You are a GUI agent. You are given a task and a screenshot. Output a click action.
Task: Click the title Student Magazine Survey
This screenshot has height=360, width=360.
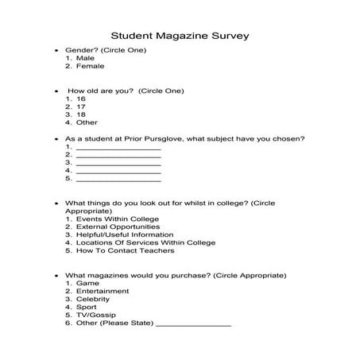[x=180, y=36]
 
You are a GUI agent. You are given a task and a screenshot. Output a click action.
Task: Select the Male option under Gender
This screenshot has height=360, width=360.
[x=85, y=58]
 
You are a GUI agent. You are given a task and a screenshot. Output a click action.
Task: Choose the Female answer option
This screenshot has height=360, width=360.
[x=90, y=66]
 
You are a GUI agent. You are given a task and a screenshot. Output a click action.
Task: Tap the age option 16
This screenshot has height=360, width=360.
[x=81, y=99]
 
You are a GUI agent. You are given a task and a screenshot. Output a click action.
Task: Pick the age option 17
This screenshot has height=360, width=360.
[x=81, y=106]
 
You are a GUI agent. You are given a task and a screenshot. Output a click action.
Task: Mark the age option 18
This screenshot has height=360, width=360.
[x=81, y=114]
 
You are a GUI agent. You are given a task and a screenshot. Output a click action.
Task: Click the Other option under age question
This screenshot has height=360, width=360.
[x=86, y=122]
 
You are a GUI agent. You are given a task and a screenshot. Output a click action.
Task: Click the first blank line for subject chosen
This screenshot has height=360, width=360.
[x=118, y=148]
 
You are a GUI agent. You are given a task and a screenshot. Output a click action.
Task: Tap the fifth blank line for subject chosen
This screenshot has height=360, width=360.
[x=118, y=180]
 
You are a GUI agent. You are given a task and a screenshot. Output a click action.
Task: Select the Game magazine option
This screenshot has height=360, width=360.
[x=87, y=283]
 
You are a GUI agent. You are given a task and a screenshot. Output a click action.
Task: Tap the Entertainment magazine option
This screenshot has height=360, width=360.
[x=101, y=291]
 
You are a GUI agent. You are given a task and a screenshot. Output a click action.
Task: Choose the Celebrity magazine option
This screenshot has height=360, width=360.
[x=94, y=299]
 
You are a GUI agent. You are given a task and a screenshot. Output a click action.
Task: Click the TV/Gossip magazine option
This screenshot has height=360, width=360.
[x=96, y=315]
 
